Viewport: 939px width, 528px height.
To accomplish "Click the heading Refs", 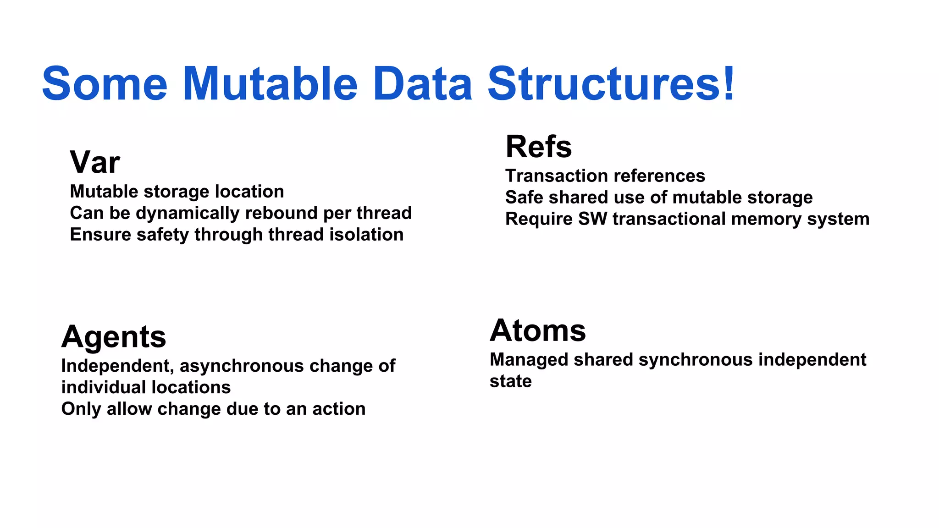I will (538, 147).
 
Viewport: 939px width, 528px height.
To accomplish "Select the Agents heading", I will (113, 337).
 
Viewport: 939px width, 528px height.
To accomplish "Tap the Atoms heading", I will (537, 330).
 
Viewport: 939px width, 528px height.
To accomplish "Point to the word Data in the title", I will (422, 84).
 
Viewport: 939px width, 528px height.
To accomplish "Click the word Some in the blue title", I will (105, 84).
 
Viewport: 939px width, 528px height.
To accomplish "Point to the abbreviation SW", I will (592, 219).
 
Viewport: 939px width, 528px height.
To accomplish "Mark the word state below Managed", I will (510, 381).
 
